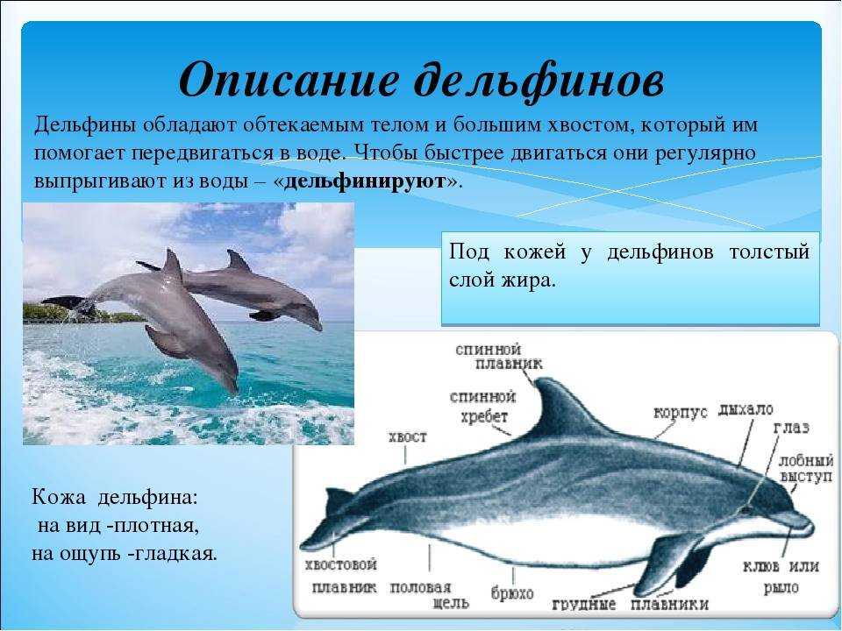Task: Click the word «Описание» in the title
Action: pyautogui.click(x=289, y=79)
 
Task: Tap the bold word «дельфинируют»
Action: pyautogui.click(x=365, y=181)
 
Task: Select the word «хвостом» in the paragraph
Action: pyautogui.click(x=589, y=125)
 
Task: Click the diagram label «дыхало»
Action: pyautogui.click(x=746, y=410)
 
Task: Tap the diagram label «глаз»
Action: pyautogui.click(x=791, y=428)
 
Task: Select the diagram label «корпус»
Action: pyautogui.click(x=681, y=414)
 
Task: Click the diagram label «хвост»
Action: pyautogui.click(x=408, y=437)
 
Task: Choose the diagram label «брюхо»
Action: pyautogui.click(x=512, y=593)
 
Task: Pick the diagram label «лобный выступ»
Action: pyautogui.click(x=806, y=468)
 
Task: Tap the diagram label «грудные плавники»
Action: pyautogui.click(x=631, y=604)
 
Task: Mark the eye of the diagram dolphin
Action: pyautogui.click(x=746, y=508)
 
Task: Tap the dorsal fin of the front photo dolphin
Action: pyautogui.click(x=172, y=265)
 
